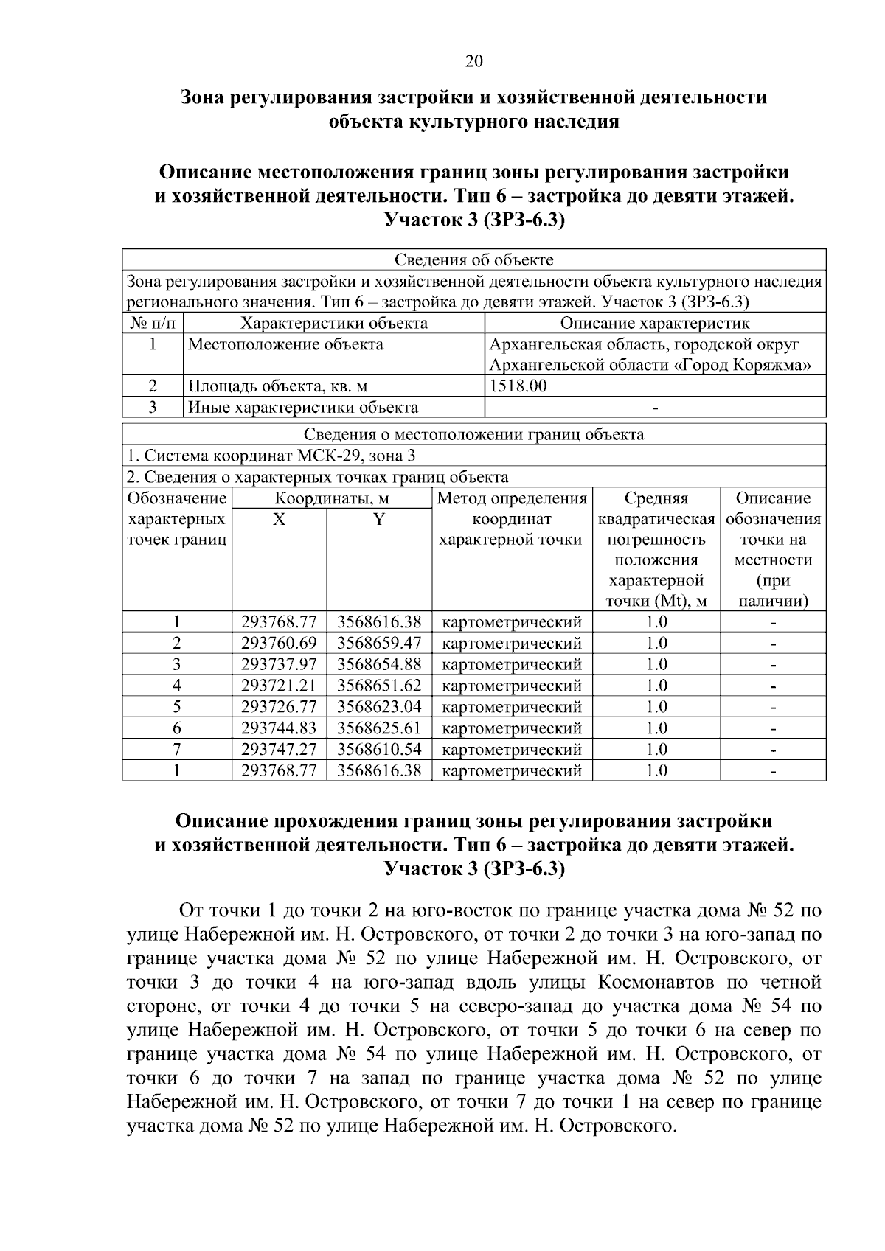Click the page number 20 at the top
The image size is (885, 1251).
473,61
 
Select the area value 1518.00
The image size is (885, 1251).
518,386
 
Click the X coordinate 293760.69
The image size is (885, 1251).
279,644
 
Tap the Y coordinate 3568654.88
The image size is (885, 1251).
379,665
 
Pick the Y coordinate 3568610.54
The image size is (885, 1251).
379,750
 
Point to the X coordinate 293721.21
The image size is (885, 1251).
279,686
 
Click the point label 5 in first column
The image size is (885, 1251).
177,708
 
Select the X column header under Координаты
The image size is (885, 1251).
279,520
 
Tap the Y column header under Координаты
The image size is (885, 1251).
379,520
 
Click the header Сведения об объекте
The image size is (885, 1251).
473,259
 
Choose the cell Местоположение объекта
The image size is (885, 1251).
285,344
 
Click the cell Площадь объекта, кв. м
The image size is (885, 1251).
277,386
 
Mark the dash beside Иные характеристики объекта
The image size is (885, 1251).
655,408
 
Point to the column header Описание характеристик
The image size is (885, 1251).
655,323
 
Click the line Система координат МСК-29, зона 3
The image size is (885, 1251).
271,456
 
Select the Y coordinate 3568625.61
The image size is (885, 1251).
379,729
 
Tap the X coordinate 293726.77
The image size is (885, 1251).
279,708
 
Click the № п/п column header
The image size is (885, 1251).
152,323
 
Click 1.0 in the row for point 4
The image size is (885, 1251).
656,686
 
